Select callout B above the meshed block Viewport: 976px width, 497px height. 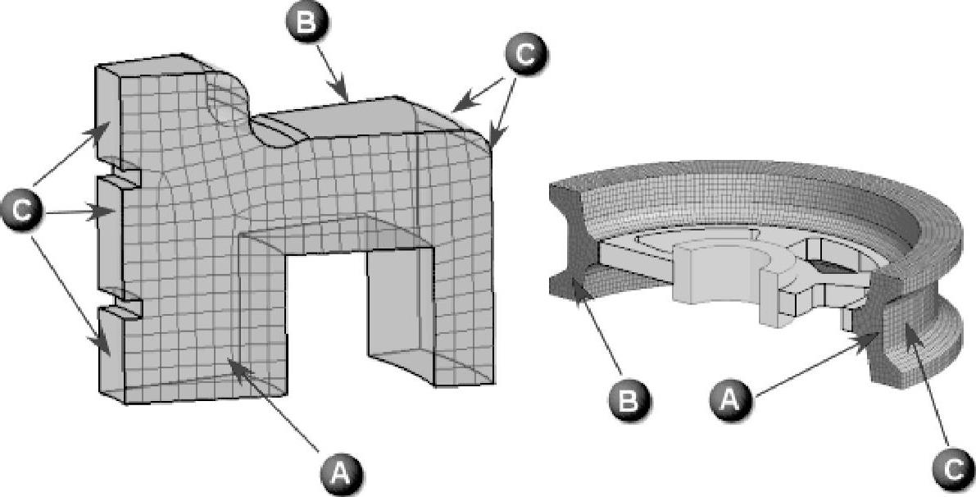306,23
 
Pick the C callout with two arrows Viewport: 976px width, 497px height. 525,54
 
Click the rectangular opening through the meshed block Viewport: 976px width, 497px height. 328,312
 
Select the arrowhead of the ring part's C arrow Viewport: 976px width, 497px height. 907,325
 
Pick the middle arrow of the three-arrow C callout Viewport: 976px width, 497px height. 82,212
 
